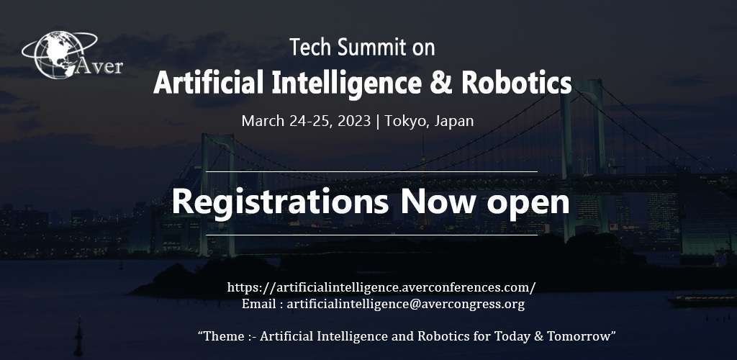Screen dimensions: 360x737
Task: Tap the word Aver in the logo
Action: (x=100, y=66)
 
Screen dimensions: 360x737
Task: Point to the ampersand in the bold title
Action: (x=439, y=83)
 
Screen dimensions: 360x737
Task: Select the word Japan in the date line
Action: (x=453, y=121)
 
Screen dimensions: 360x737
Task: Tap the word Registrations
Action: (x=280, y=202)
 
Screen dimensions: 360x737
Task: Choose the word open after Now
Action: (x=528, y=204)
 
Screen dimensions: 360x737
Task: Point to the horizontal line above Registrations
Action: (x=371, y=171)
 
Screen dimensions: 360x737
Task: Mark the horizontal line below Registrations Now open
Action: (x=371, y=235)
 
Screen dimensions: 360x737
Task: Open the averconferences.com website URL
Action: (x=381, y=287)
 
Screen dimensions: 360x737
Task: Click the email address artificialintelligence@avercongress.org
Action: (x=405, y=304)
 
